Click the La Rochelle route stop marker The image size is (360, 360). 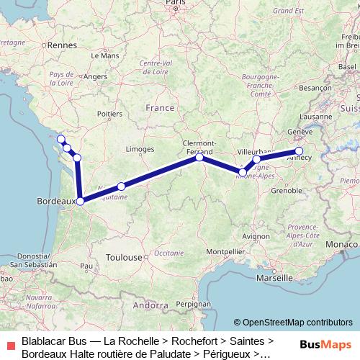coord(61,139)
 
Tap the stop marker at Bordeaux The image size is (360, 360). coord(81,202)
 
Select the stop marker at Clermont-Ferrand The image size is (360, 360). coord(200,157)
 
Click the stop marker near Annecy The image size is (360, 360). coord(299,151)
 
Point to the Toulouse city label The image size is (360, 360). coord(123,257)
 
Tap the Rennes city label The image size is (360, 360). coord(63,45)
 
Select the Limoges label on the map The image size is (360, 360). coord(140,149)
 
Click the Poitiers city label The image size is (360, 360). coord(109,114)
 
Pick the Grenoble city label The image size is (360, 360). coord(286,191)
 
